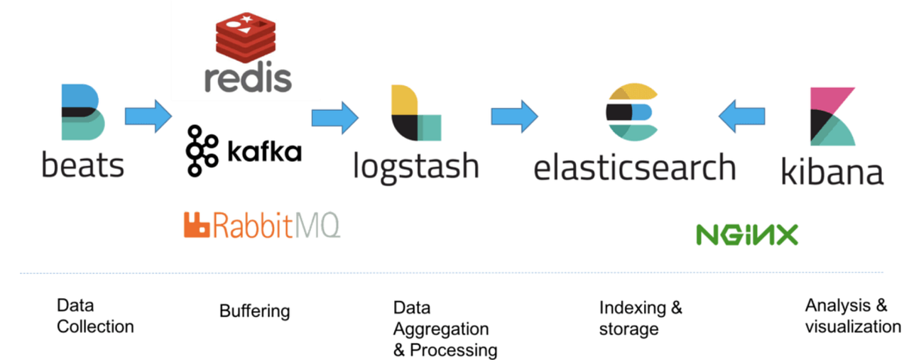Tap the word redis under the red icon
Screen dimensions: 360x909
[248, 77]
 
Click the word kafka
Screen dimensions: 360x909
[264, 151]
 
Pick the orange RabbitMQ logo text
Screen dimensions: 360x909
[262, 225]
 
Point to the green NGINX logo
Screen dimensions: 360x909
[746, 235]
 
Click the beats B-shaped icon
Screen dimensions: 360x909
[83, 111]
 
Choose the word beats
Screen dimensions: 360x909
[83, 165]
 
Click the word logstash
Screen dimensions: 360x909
[416, 166]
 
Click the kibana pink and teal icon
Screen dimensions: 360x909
[833, 116]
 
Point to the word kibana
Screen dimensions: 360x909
[832, 173]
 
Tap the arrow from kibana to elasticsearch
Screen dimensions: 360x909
[741, 116]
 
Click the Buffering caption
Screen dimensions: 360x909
[254, 311]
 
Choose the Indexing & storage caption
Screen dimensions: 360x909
[640, 318]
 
